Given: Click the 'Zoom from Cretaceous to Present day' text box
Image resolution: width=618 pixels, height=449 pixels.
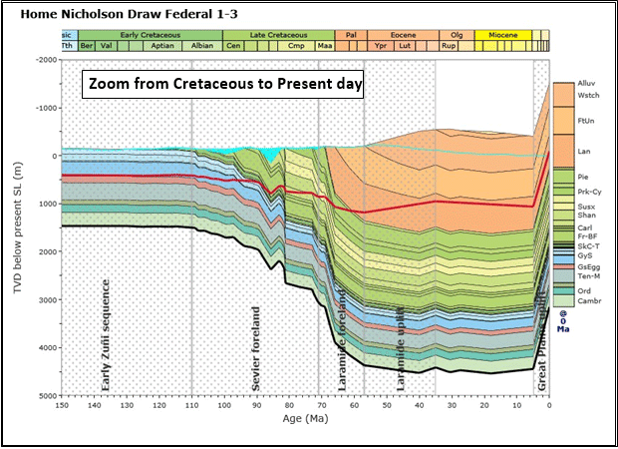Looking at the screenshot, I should click(x=224, y=85).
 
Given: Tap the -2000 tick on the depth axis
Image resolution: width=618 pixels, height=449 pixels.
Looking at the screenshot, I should click(x=44, y=60).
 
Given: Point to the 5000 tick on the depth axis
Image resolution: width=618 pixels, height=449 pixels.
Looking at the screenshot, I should click(x=46, y=396).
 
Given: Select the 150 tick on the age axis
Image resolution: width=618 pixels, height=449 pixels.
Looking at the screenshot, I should click(x=61, y=406).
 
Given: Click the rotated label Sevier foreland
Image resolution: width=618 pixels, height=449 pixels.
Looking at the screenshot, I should click(x=256, y=346).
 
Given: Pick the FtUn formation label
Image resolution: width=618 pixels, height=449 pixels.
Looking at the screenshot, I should click(x=587, y=120).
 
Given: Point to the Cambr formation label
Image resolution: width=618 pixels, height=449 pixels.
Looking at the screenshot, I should click(x=589, y=299).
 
